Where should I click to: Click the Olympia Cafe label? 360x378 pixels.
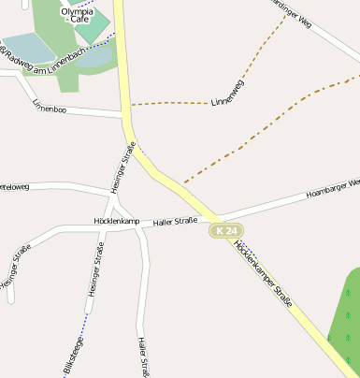click(x=78, y=15)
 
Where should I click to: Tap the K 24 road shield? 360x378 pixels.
click(x=225, y=230)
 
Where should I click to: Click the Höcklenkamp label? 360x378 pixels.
click(x=117, y=222)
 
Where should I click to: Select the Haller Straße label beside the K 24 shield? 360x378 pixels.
click(x=175, y=221)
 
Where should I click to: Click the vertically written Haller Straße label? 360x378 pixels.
click(x=142, y=356)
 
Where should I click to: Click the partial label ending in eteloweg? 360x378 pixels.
click(x=15, y=187)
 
